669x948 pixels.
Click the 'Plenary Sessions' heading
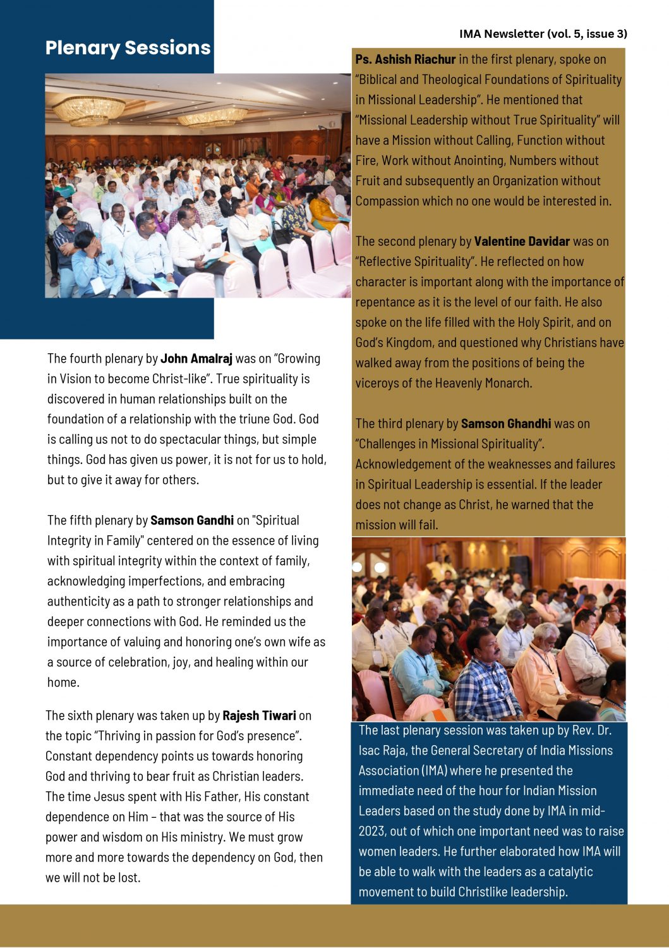(x=128, y=48)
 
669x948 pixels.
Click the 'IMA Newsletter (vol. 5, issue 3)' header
(x=543, y=34)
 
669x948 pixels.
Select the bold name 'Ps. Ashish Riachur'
(x=405, y=59)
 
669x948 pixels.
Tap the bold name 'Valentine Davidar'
(x=522, y=241)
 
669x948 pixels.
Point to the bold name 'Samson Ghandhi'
(x=506, y=423)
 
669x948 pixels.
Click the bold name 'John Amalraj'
(x=196, y=358)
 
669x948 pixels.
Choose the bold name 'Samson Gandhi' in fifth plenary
(x=192, y=520)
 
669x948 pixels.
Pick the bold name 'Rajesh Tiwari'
(x=259, y=715)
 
